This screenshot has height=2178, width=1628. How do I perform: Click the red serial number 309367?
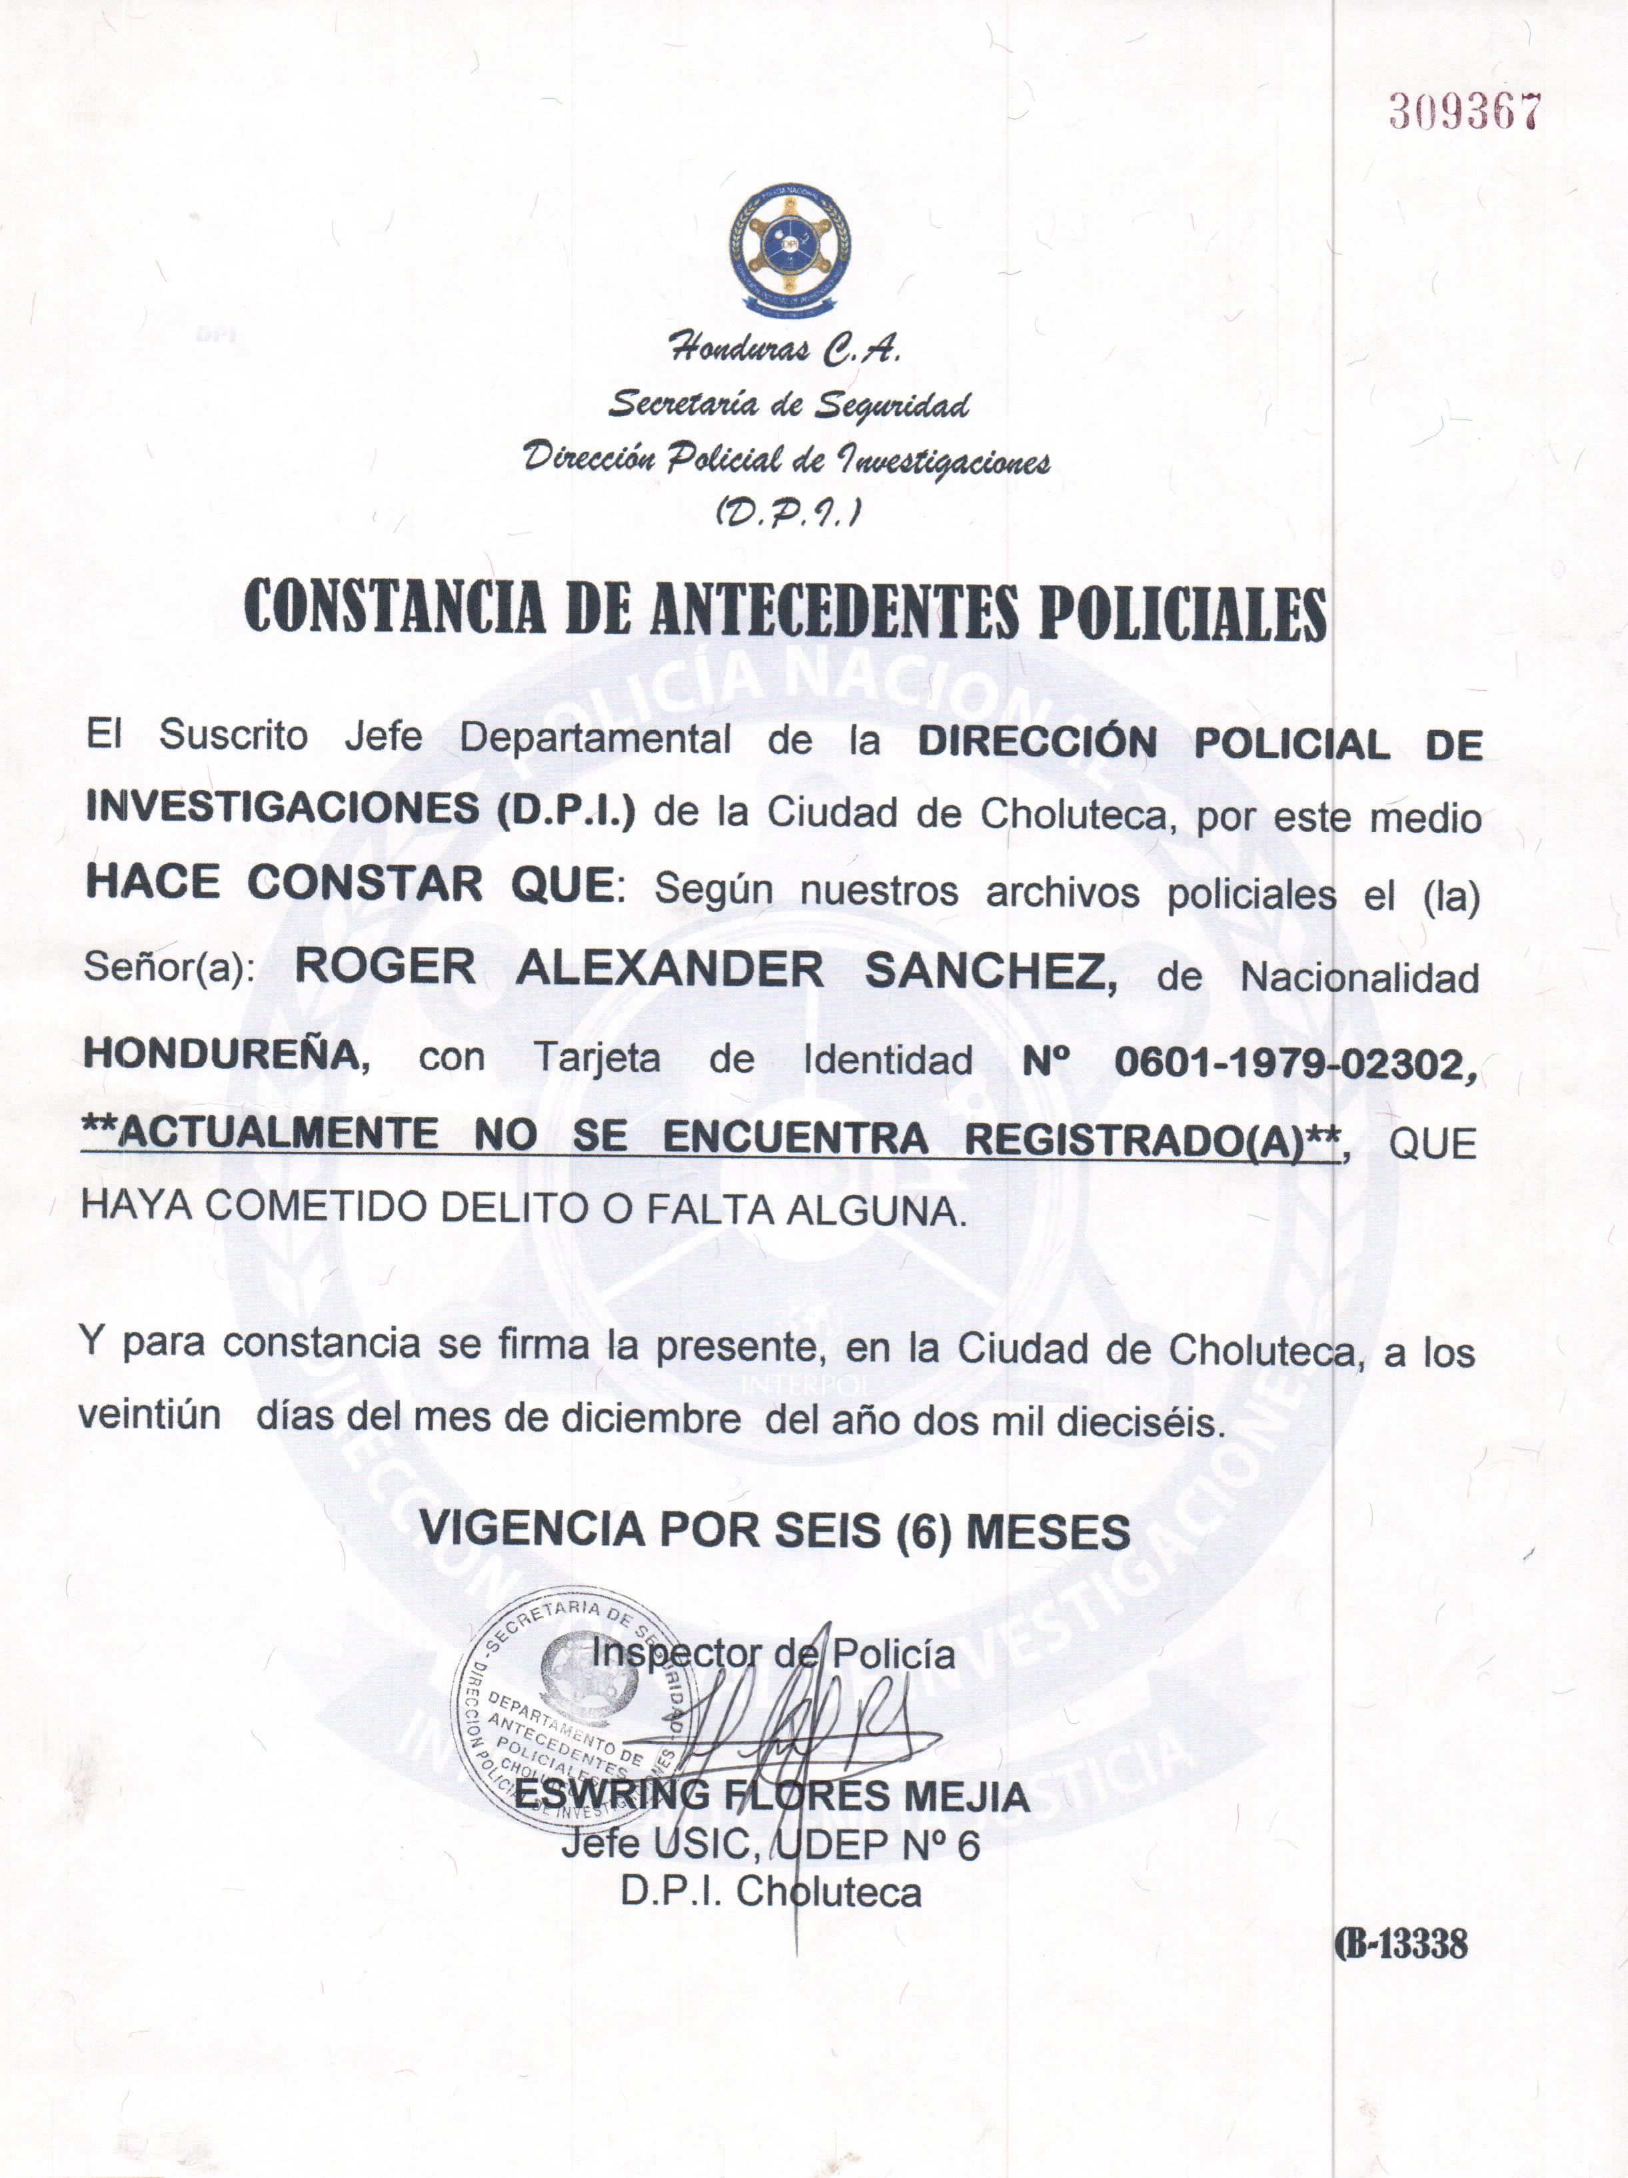click(1463, 114)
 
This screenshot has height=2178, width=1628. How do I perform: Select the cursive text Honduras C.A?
click(784, 347)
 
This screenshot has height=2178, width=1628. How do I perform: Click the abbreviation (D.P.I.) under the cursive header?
click(788, 512)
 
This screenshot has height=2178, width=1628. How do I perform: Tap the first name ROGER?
click(385, 967)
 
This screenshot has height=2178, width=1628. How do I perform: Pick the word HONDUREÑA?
click(225, 1055)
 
